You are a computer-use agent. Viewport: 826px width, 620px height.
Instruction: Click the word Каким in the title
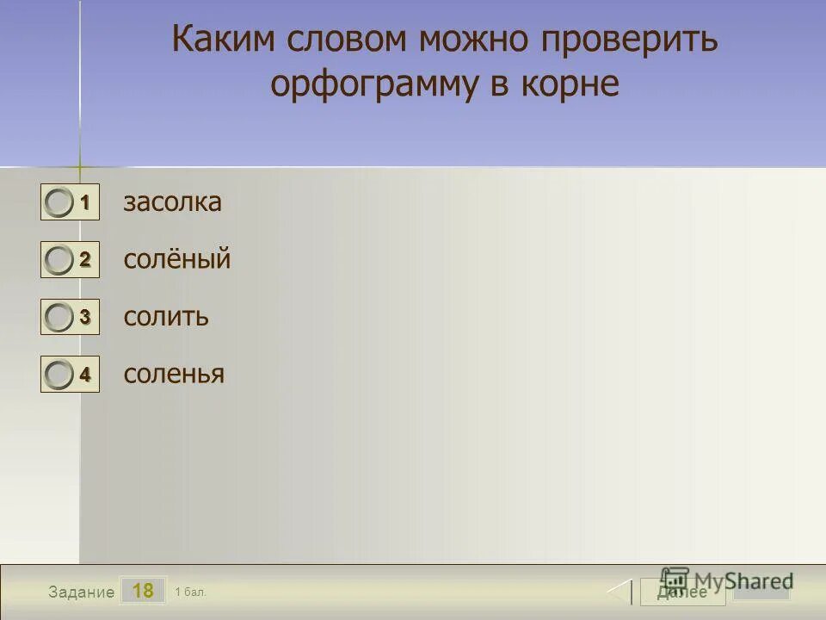point(225,40)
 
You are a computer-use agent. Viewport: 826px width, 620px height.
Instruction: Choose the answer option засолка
point(172,202)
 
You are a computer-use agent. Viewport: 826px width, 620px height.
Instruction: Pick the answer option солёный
point(177,259)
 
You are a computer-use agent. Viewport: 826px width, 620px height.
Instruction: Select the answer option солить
point(166,316)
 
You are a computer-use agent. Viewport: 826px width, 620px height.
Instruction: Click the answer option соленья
point(174,374)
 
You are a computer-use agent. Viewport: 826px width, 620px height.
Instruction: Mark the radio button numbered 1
point(59,203)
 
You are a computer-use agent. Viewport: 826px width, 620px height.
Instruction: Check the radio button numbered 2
point(59,260)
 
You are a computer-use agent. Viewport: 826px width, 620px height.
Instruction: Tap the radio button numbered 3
point(59,318)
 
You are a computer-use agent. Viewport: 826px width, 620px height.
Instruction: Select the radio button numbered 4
point(59,375)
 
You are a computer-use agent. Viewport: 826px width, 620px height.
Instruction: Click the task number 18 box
point(143,591)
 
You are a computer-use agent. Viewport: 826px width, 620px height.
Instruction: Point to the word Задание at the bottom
point(81,592)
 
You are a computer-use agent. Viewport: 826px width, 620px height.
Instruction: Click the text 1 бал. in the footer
point(190,592)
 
